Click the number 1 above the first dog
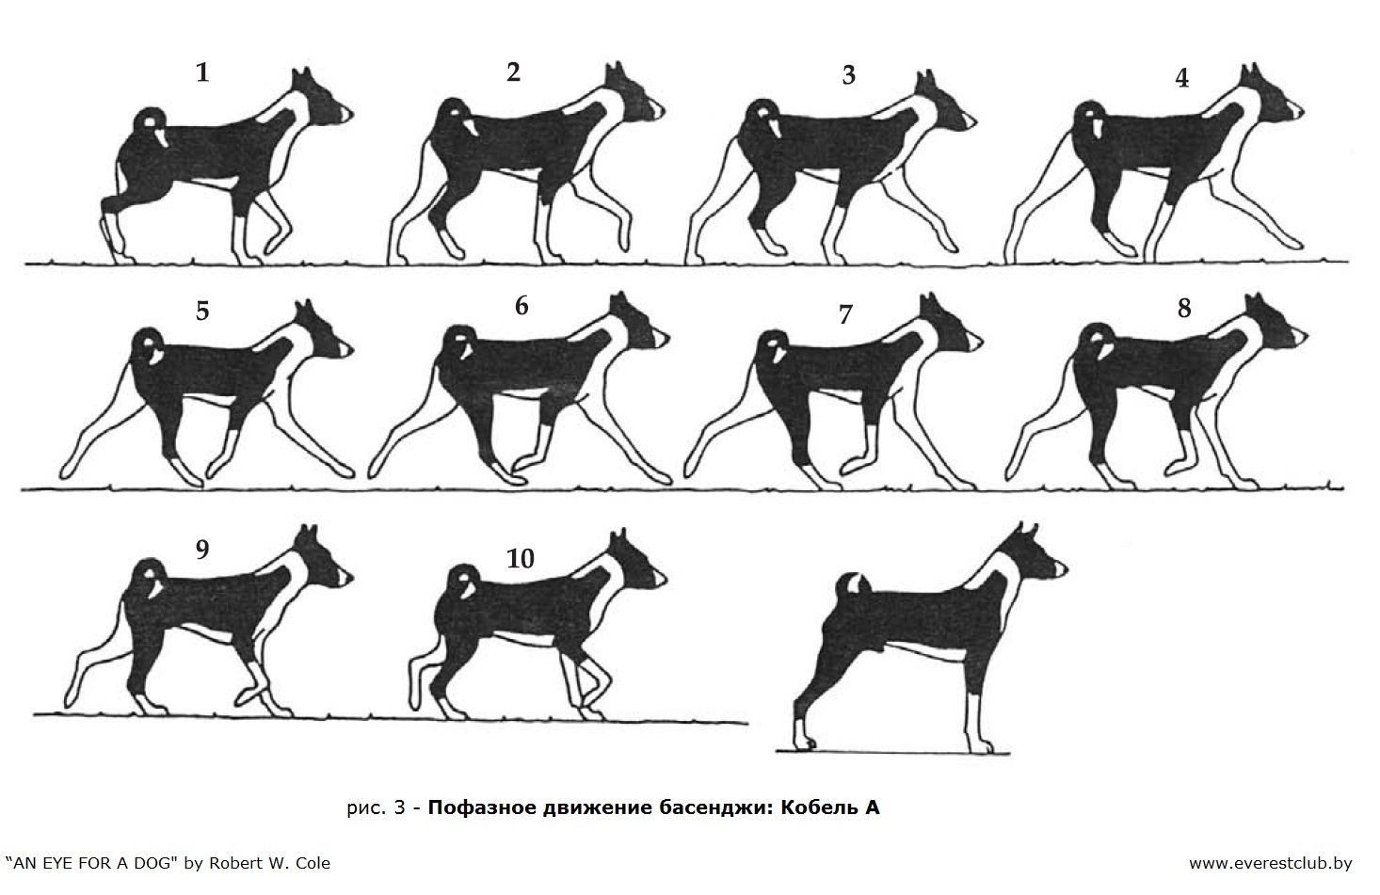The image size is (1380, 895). pos(202,72)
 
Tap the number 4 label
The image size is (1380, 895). pos(1181,78)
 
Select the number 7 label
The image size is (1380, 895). pos(845,314)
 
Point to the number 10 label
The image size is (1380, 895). pos(521,559)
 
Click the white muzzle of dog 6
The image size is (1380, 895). pos(662,339)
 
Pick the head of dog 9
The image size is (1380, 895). pos(320,557)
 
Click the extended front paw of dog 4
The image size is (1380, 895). pos(1292,243)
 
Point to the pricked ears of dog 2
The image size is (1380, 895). pos(616,72)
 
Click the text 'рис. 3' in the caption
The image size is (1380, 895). pos(376,807)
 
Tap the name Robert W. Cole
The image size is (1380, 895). pos(270,864)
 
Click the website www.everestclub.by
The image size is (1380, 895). pos(1271,864)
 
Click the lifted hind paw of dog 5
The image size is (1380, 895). pos(68,471)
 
